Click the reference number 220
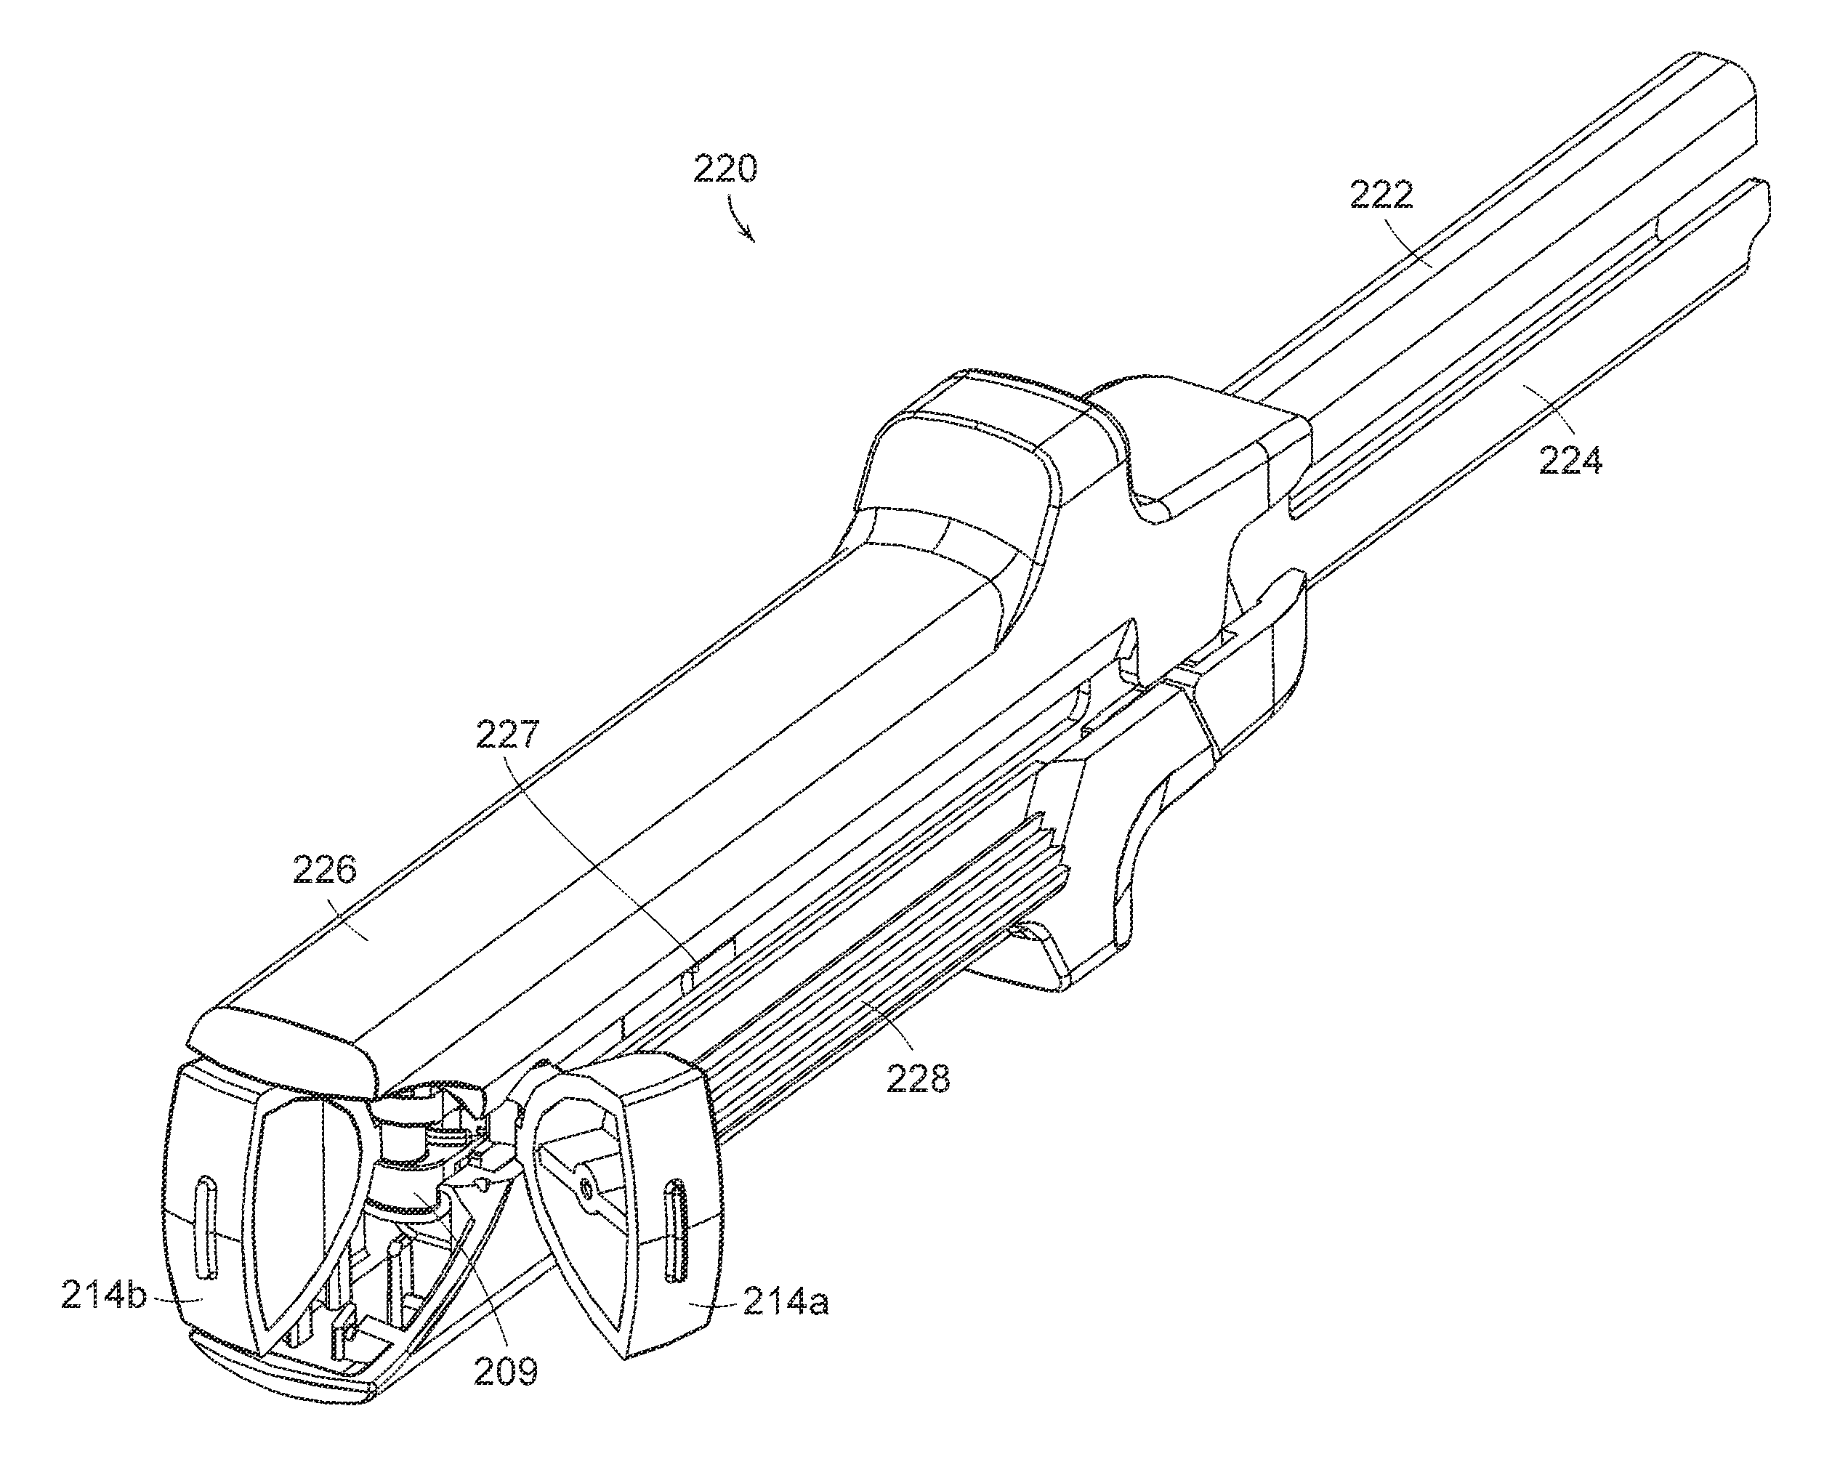pos(725,169)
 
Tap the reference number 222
pos(1381,195)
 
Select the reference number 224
pos(1570,461)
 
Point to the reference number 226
pos(325,870)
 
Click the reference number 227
pos(507,734)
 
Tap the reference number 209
pos(505,1370)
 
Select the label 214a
pos(786,1304)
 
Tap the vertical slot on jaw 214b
pos(205,1225)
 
